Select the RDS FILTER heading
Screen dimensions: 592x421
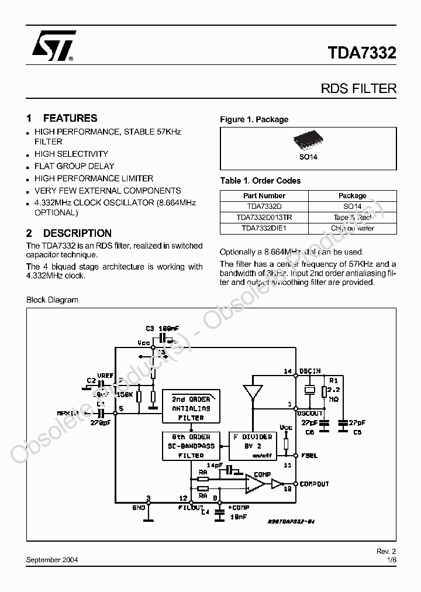click(358, 89)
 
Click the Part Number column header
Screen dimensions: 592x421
click(264, 196)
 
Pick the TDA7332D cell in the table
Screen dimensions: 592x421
click(264, 206)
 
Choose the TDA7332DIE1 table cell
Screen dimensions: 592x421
click(264, 228)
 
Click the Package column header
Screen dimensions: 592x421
click(353, 196)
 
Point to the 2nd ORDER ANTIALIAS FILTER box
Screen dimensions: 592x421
click(191, 408)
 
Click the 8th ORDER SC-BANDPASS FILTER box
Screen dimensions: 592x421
click(191, 446)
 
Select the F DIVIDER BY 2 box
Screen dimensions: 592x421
click(253, 446)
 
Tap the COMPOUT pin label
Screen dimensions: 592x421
click(314, 484)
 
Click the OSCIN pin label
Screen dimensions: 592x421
click(310, 371)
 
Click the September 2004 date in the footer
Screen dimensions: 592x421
click(53, 559)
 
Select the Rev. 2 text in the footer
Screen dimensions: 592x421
click(386, 552)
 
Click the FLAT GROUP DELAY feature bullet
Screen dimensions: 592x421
click(74, 166)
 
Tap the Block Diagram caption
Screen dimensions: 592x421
click(52, 300)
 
